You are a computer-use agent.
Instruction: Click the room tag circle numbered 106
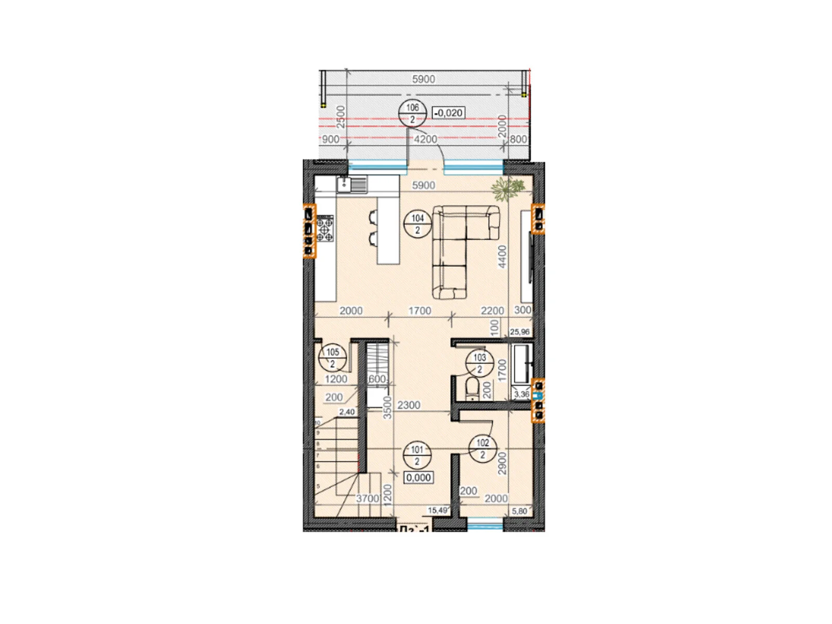click(x=412, y=113)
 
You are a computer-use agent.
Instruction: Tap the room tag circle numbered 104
click(x=418, y=224)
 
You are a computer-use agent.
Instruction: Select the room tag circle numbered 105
click(x=332, y=358)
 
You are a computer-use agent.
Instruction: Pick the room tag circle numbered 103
click(x=479, y=363)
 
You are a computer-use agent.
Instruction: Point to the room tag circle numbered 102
click(x=483, y=449)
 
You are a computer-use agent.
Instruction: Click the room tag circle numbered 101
click(x=417, y=455)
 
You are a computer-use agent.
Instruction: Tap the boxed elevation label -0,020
click(x=448, y=113)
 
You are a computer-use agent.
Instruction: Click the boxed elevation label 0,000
click(x=419, y=477)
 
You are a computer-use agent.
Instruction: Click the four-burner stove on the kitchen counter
click(x=326, y=229)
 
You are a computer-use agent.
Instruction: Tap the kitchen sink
click(x=352, y=184)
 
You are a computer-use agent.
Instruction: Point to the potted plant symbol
click(x=505, y=188)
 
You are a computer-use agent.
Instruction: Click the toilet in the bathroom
click(x=472, y=388)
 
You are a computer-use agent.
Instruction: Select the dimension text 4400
click(x=502, y=256)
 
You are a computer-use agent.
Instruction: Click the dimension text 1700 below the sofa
click(x=420, y=310)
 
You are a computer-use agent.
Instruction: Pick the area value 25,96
click(x=519, y=332)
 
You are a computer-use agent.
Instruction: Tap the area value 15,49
click(x=437, y=511)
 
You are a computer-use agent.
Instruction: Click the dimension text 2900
click(x=502, y=463)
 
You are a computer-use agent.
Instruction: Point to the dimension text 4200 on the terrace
click(x=425, y=139)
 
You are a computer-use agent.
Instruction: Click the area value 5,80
click(x=519, y=511)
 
